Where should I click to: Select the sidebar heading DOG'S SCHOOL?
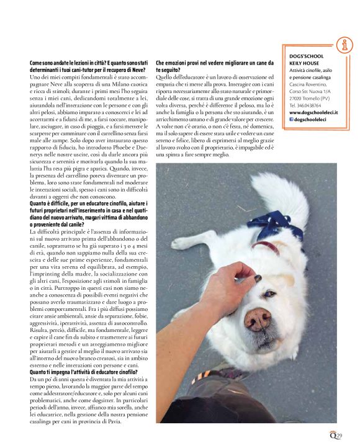[x=307, y=56]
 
